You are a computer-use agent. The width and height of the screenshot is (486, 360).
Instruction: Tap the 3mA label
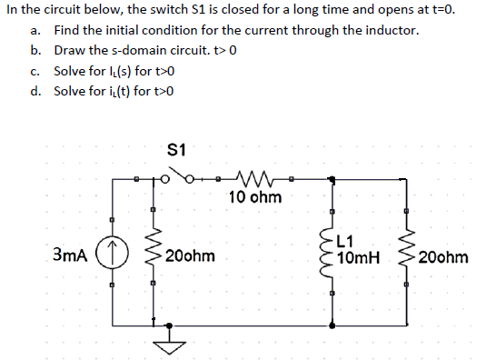point(70,256)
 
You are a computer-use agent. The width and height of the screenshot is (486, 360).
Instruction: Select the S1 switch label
point(177,147)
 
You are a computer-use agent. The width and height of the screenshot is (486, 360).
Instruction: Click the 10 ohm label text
point(255,197)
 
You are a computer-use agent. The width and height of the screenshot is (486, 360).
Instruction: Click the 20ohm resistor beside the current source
point(152,255)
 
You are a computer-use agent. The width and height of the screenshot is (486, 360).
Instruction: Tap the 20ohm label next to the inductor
point(443,257)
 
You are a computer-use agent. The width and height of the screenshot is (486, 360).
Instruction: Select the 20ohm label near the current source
point(190,256)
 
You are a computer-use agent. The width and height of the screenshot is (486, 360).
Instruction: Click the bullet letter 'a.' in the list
point(35,30)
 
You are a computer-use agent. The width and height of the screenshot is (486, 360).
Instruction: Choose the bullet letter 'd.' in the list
point(35,91)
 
